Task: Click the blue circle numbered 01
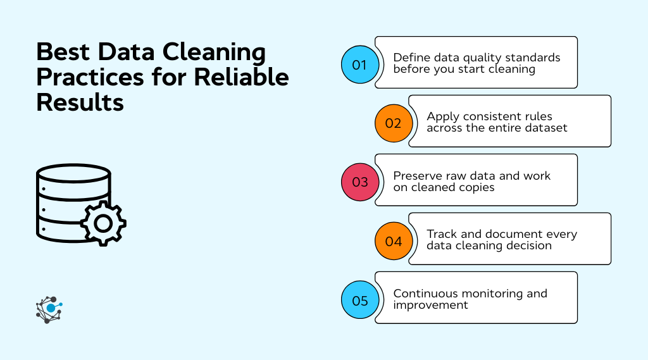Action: [x=359, y=65]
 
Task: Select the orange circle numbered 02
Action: [x=393, y=123]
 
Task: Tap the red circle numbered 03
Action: [x=359, y=182]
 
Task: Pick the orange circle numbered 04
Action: [x=393, y=241]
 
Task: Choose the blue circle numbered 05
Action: [x=359, y=300]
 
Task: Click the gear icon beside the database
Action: [x=103, y=223]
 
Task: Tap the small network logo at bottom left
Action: [x=49, y=309]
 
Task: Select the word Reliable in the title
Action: [x=241, y=77]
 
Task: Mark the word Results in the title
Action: [x=80, y=102]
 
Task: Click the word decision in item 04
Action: [x=528, y=245]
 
